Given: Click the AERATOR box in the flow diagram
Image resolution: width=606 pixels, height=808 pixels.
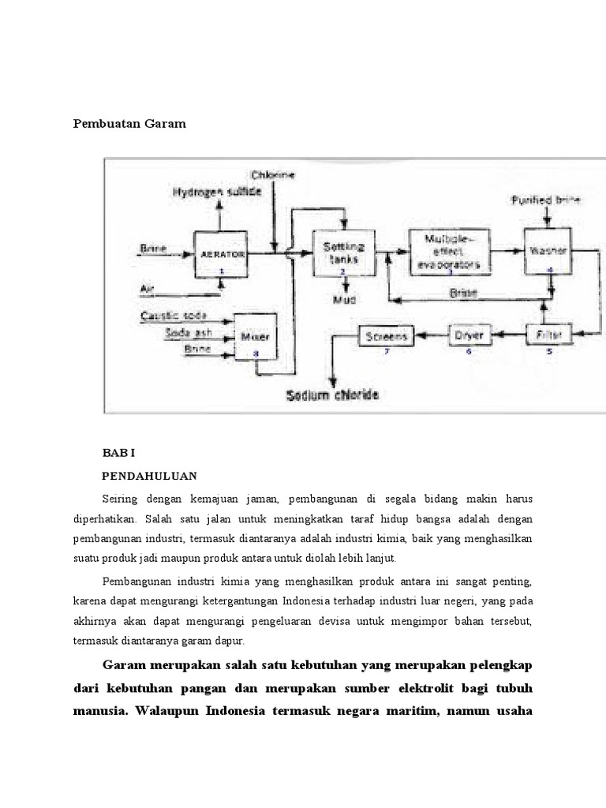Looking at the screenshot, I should point(222,255).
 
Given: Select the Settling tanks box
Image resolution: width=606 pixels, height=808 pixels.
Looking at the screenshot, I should point(342,252).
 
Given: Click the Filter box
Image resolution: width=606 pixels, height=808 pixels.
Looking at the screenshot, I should point(550,335).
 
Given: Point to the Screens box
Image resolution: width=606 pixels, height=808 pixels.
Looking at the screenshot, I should point(387,337).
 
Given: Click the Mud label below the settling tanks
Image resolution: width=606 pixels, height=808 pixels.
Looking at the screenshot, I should point(342,301).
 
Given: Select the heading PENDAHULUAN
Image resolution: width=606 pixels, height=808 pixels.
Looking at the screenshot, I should point(150,477).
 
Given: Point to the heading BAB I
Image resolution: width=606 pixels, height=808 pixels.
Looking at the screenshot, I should point(119,454).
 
